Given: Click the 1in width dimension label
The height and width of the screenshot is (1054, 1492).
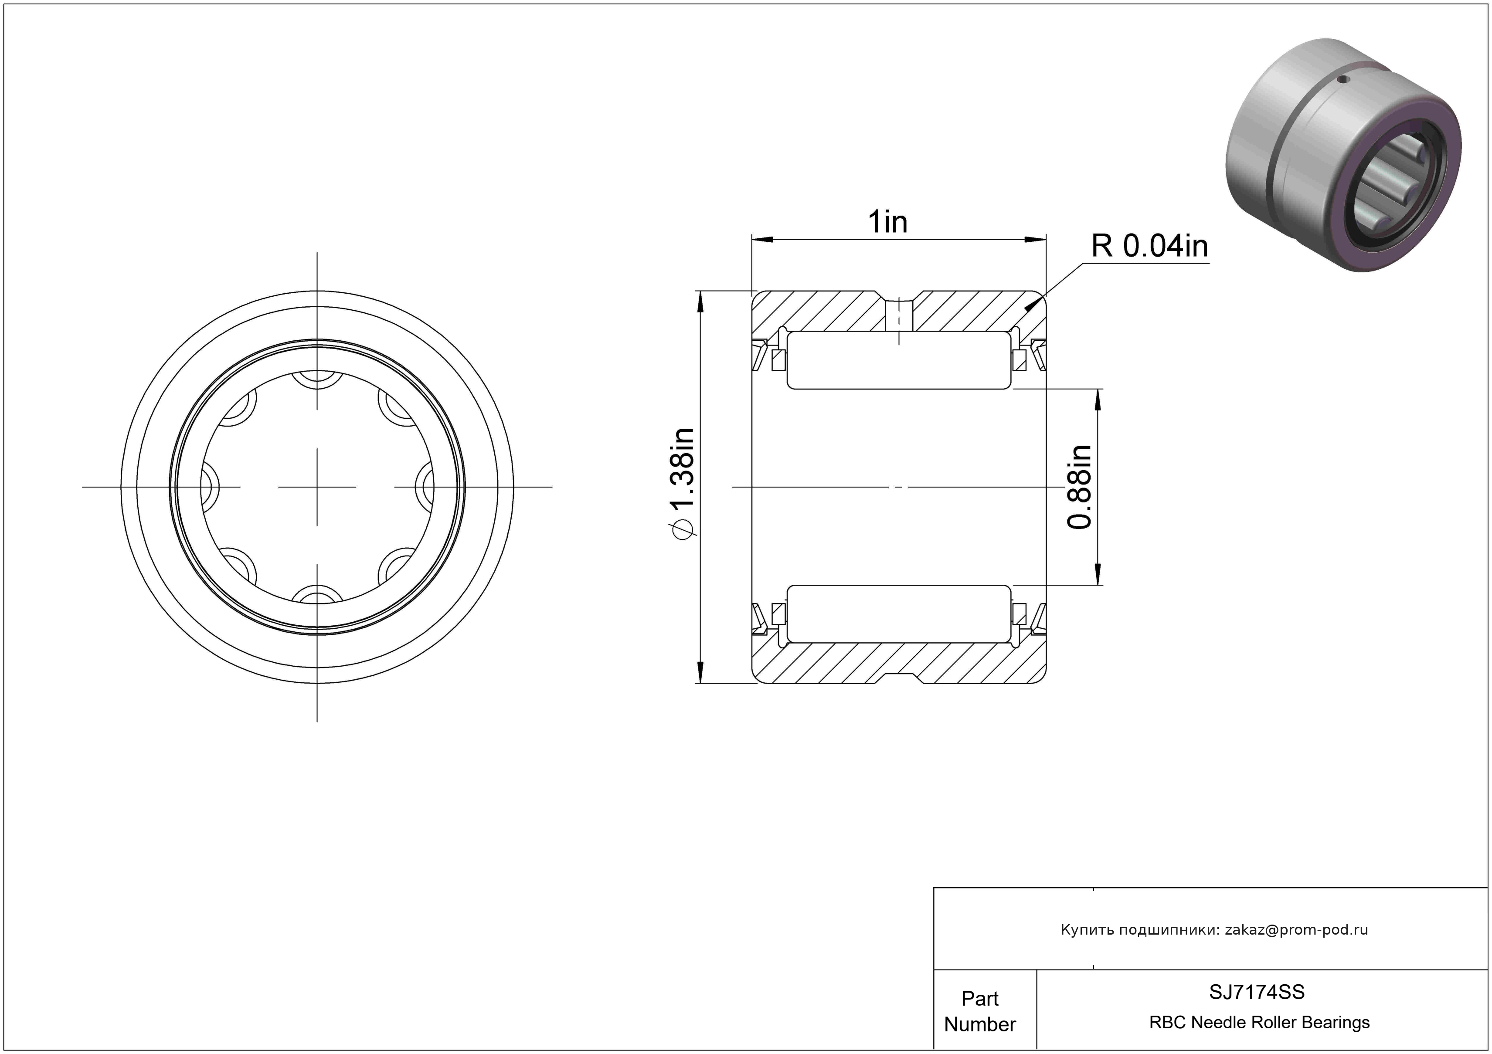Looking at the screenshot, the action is [x=888, y=222].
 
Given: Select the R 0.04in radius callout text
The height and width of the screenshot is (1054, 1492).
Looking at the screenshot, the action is [x=1149, y=246].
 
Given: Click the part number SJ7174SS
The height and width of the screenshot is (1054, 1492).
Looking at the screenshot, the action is [x=1257, y=992].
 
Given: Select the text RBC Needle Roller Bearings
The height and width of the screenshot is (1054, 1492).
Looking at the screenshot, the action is [x=1259, y=1022].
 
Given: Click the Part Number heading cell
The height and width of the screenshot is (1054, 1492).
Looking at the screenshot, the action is [x=980, y=1010].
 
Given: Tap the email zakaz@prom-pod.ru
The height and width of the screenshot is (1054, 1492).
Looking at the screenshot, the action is [x=1296, y=929].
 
